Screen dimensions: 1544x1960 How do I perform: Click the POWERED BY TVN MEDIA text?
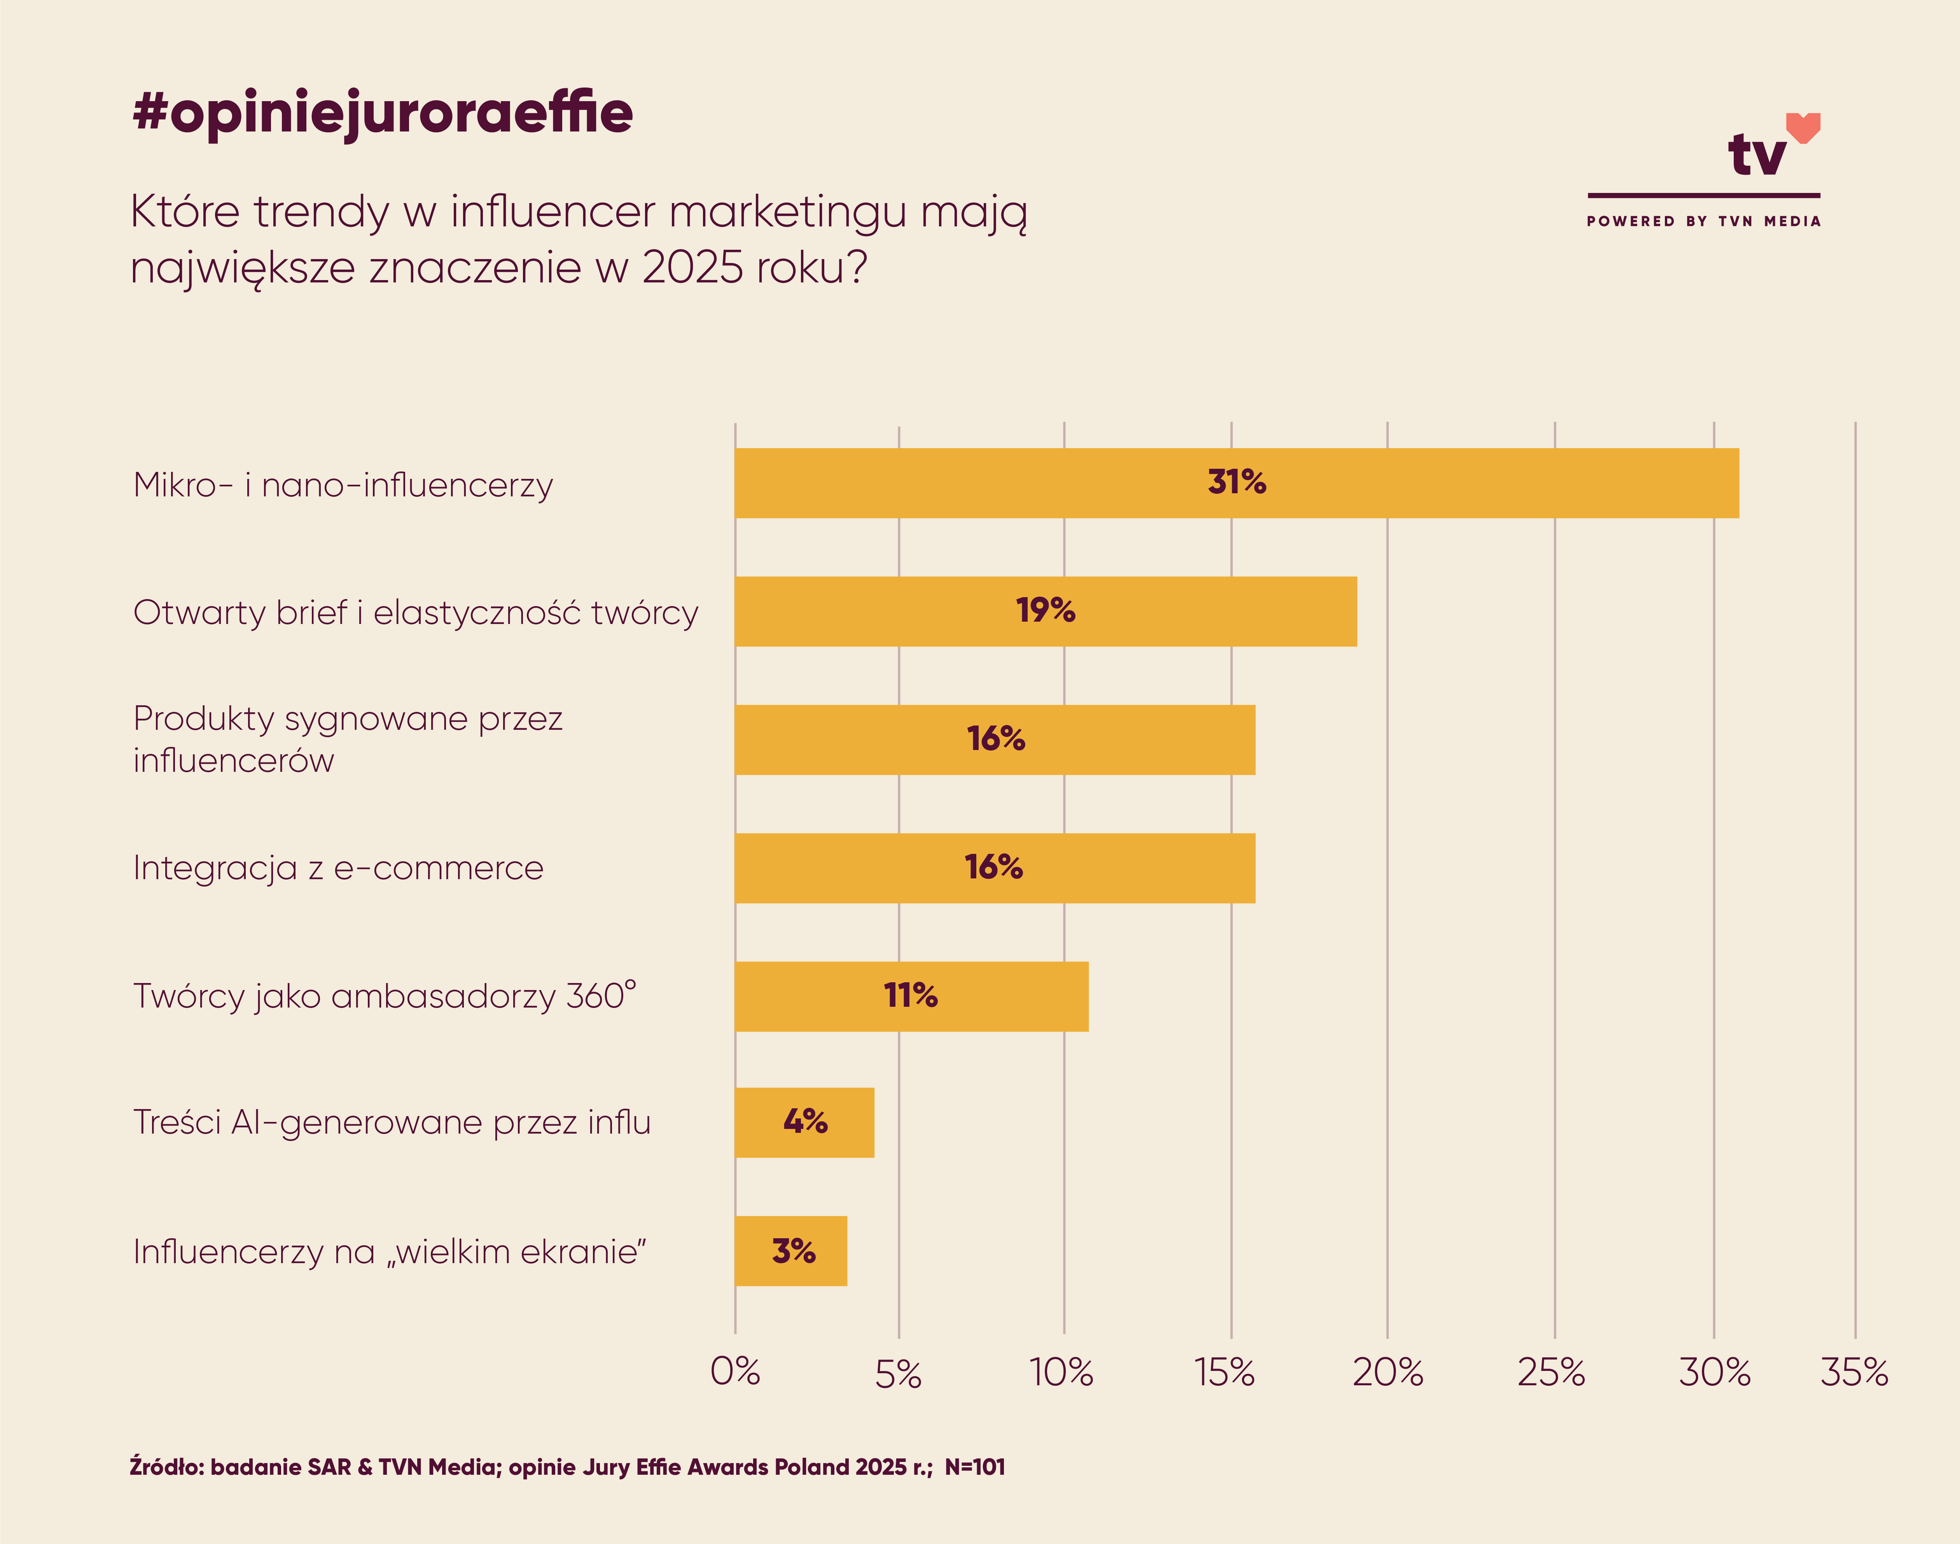[1703, 221]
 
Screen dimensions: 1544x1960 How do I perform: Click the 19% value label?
[1046, 611]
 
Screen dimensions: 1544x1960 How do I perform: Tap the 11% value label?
[911, 996]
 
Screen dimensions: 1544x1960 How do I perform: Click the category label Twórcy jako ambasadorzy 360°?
[384, 996]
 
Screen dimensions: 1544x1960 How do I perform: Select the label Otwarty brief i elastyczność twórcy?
[416, 613]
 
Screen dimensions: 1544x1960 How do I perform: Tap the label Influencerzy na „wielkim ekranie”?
[390, 1252]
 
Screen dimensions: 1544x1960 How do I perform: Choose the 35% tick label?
[1854, 1372]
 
